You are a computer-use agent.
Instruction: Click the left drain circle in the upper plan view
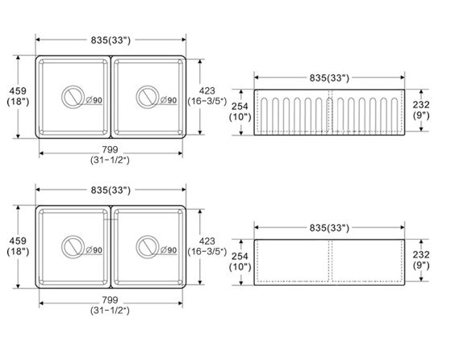tap(62, 97)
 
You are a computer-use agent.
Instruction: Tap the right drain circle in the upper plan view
tap(136, 97)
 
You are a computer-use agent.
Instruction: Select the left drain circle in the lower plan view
tap(62, 247)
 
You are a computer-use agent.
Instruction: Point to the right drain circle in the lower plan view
tap(136, 247)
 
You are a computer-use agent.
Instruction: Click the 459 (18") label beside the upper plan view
tap(18, 96)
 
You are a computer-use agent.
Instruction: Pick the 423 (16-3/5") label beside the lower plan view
tap(207, 246)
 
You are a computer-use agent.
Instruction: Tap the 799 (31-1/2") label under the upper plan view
tap(110, 154)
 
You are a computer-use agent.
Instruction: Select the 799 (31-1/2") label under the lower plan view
tap(110, 305)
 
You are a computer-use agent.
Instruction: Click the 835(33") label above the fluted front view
tap(329, 77)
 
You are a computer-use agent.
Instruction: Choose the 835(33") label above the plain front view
tap(329, 228)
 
